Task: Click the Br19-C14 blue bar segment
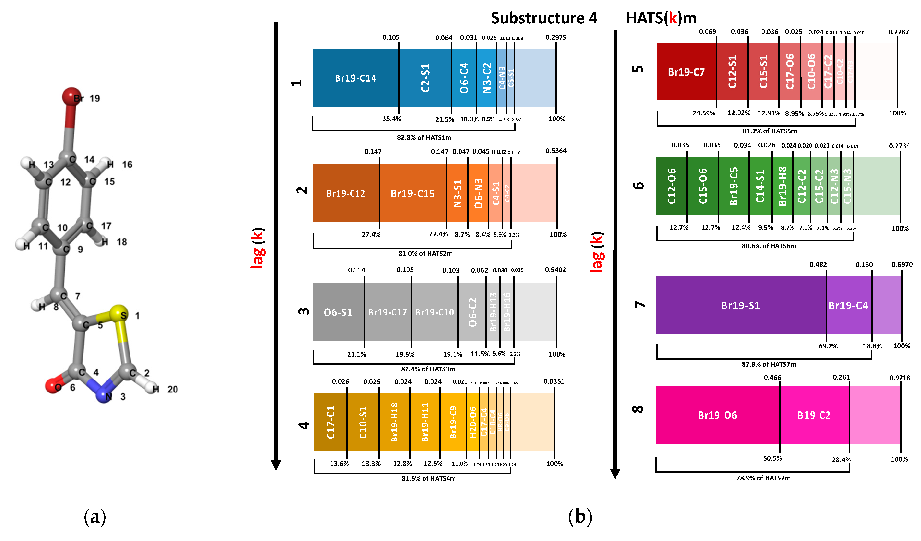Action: [355, 78]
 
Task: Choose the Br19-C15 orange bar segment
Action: [413, 193]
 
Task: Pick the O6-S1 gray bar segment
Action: [338, 312]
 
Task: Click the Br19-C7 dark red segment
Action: [686, 72]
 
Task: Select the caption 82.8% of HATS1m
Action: [424, 138]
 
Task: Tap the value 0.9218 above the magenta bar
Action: [899, 378]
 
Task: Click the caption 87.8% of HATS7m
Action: [769, 364]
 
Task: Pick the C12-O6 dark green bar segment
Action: [671, 186]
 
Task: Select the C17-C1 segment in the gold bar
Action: [331, 422]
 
